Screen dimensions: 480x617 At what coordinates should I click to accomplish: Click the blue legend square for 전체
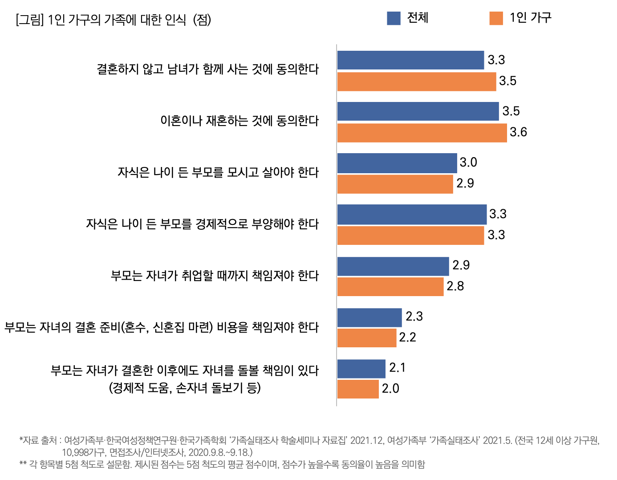coord(394,18)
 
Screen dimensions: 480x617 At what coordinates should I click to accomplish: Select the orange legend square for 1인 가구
coord(496,18)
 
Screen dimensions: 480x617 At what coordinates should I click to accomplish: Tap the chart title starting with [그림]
coord(113,20)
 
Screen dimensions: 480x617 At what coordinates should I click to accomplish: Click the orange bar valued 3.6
coord(422,133)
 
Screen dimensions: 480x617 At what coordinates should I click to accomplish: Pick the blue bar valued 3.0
coord(397,163)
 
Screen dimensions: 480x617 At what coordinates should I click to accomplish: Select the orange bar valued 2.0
coord(358,389)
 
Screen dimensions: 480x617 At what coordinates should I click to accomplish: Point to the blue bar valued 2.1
coord(361,369)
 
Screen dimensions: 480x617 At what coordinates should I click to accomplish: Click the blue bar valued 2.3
coord(369,317)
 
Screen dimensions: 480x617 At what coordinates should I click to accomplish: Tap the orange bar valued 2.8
coord(390,286)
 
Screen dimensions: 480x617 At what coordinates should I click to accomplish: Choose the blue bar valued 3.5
coord(418,111)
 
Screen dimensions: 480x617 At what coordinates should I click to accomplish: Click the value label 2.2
coord(407,338)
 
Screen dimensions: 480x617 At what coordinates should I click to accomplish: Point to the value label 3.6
coord(518,132)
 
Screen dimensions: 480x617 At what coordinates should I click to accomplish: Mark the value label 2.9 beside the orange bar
coord(465,183)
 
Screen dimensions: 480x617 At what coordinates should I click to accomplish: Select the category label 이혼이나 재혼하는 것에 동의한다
coord(239,121)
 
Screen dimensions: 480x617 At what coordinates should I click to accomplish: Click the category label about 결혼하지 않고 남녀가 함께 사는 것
coord(207,69)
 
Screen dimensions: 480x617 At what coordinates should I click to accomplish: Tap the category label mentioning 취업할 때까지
coord(215,276)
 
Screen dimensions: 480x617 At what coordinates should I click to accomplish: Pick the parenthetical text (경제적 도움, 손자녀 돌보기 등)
coord(185,388)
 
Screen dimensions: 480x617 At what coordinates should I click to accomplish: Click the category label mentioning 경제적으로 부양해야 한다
coord(202,224)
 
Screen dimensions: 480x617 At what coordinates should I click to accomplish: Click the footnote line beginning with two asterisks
coord(222,464)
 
